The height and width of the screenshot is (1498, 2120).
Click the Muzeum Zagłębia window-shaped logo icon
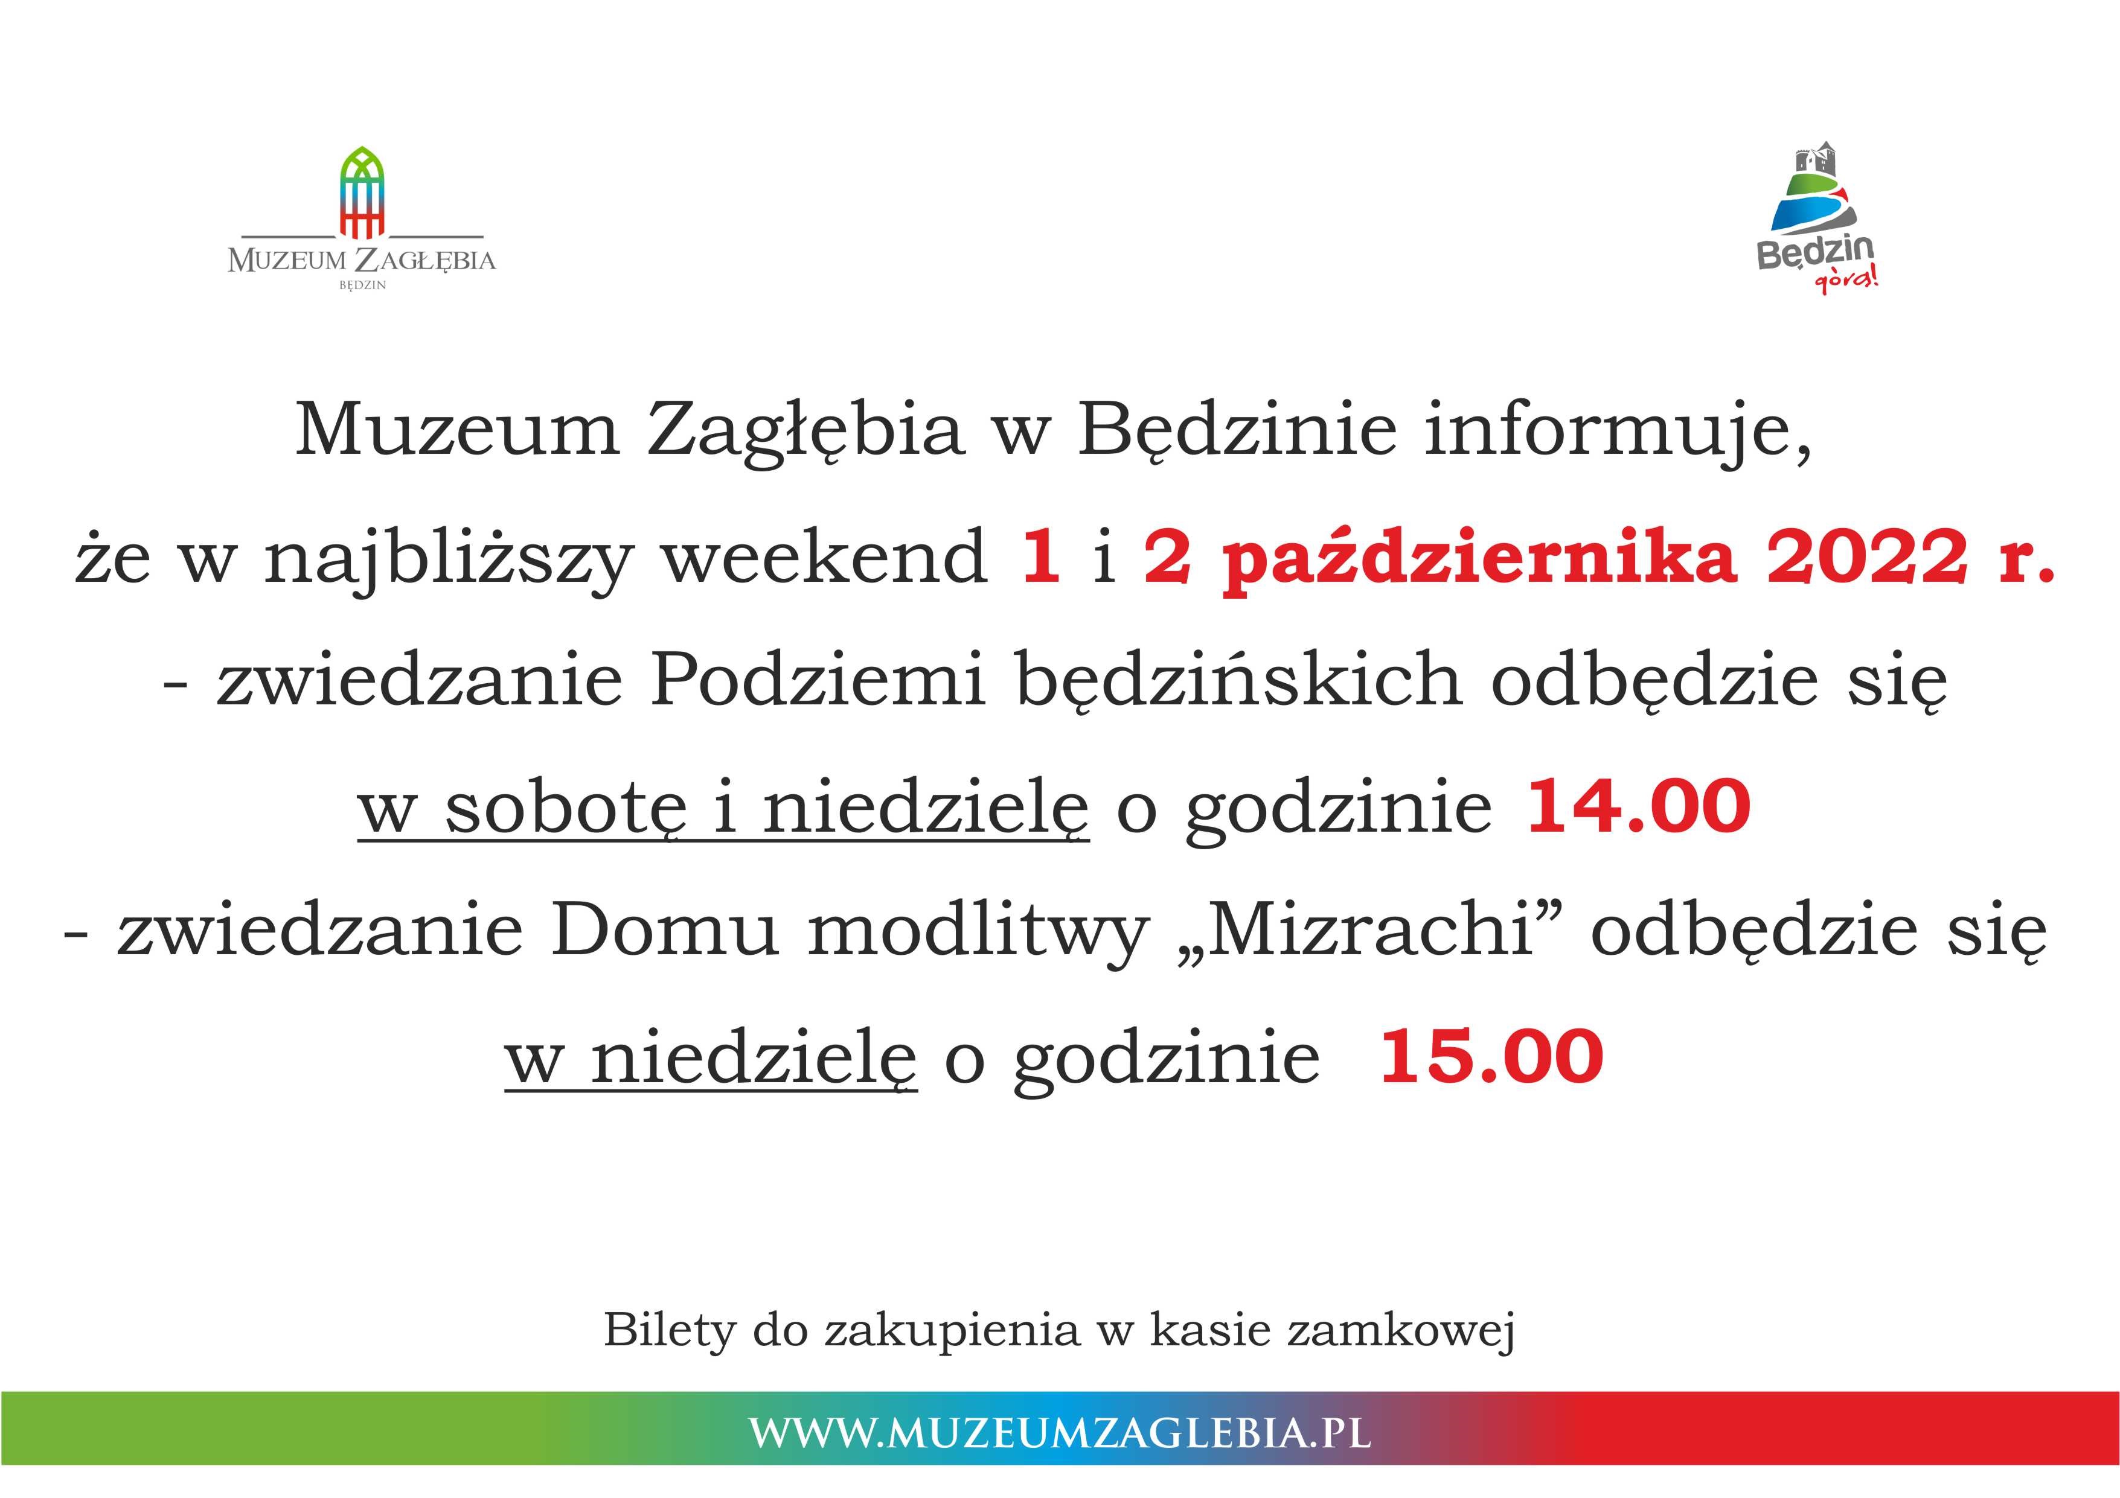coord(362,191)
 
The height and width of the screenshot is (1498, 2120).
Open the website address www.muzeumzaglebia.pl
coord(1060,1432)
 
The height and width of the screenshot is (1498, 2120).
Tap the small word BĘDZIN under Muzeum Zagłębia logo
coord(362,285)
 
